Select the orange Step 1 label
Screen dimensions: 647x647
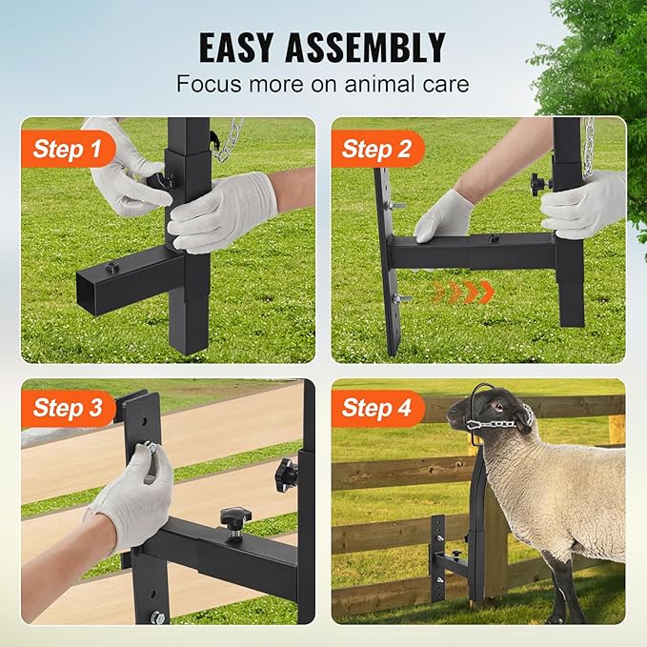67,149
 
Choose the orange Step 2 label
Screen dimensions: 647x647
376,149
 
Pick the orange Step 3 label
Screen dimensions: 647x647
68,409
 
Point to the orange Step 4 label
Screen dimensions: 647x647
376,409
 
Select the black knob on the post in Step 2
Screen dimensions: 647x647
542,181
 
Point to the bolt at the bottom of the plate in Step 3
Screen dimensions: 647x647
154,617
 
